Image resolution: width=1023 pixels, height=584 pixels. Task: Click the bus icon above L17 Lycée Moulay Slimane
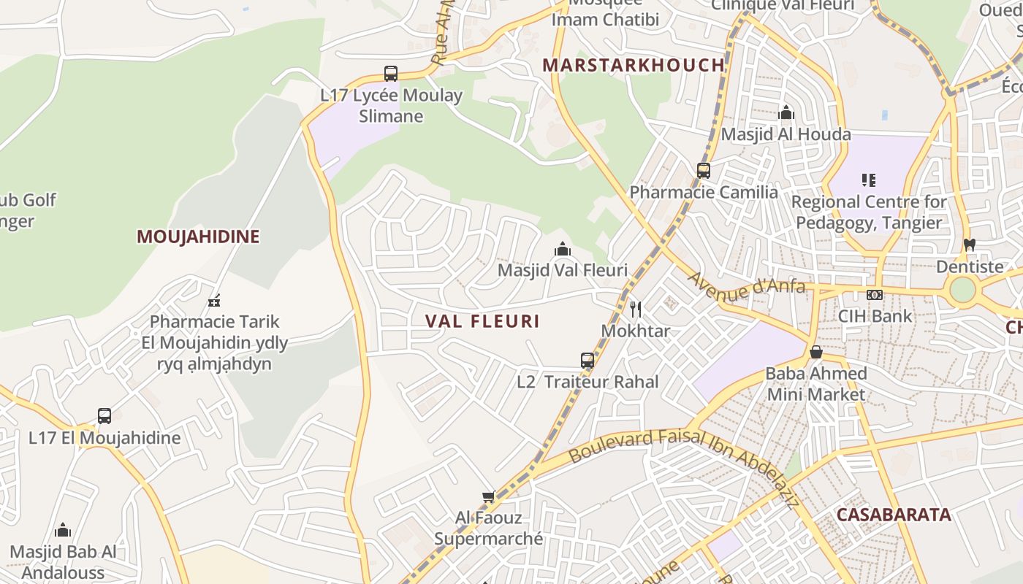tap(391, 74)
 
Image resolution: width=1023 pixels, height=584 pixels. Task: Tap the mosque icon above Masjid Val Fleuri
tap(562, 249)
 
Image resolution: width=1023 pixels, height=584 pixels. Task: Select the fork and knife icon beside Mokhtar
tap(636, 310)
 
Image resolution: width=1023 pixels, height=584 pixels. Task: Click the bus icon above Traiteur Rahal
tap(587, 360)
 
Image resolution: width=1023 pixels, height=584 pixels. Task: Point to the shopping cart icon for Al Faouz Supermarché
tap(489, 497)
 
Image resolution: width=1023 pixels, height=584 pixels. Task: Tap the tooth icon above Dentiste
tap(970, 245)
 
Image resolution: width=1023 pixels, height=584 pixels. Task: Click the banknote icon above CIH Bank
tap(875, 295)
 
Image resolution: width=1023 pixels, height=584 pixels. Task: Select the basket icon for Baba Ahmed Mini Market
tap(816, 353)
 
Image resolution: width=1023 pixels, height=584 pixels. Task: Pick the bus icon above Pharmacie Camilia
tap(703, 171)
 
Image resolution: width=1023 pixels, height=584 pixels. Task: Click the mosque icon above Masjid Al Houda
tap(786, 113)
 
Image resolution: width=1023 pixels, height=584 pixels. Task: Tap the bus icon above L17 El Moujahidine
tap(104, 416)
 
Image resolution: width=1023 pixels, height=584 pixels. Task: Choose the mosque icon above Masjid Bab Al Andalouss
tap(63, 530)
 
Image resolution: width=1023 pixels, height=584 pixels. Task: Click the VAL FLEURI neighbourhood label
tap(482, 321)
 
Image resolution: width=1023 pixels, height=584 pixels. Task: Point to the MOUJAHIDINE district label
tap(198, 237)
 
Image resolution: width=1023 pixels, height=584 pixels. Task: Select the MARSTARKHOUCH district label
tap(634, 65)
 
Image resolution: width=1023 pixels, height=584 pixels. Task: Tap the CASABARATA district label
tap(893, 515)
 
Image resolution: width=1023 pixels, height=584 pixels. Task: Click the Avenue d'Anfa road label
tap(746, 285)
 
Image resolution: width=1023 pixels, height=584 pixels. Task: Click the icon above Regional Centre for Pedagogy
tap(869, 180)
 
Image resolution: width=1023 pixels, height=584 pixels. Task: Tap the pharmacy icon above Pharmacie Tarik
tap(214, 300)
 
